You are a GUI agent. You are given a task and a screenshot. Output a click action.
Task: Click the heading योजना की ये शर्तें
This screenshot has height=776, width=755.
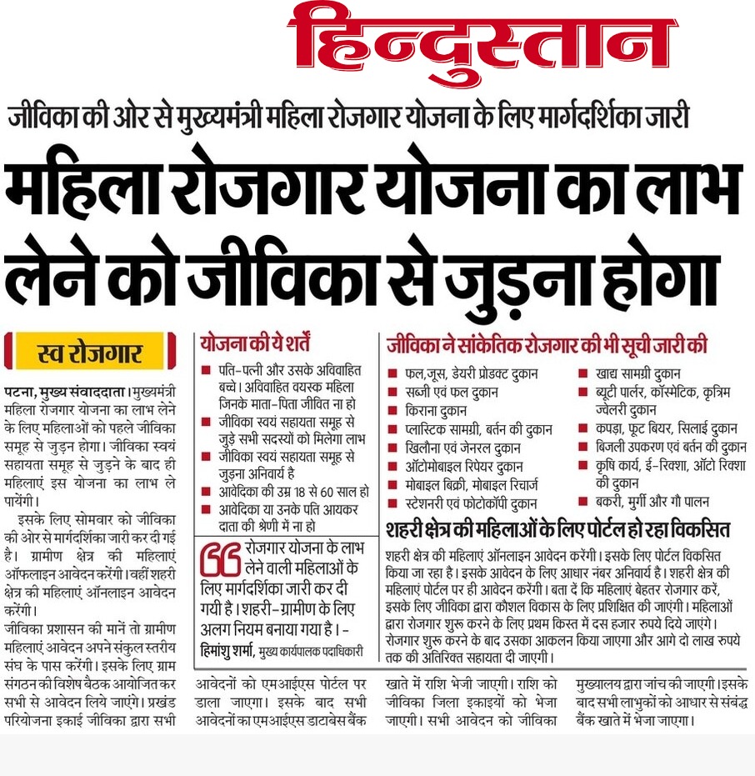[x=255, y=342]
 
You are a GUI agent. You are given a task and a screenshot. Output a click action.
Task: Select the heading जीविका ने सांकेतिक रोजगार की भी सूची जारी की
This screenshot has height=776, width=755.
[x=546, y=343]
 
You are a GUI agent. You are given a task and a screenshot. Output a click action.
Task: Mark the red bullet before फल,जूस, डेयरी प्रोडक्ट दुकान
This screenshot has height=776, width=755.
[x=392, y=373]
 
